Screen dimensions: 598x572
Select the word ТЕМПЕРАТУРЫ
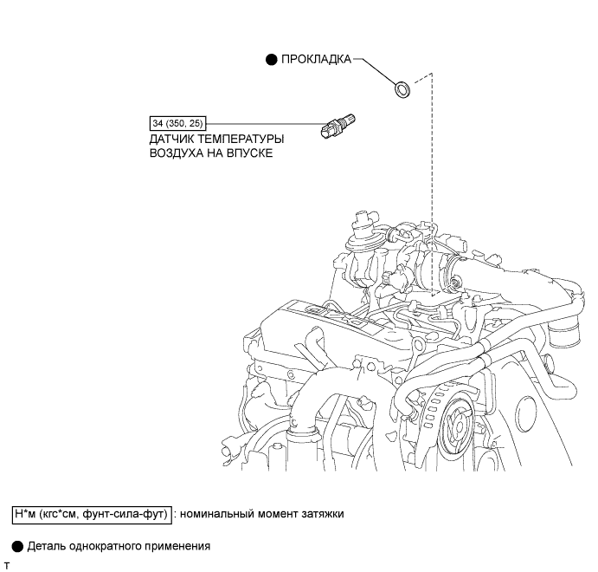pyautogui.click(x=243, y=139)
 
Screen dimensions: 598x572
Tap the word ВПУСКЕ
pyautogui.click(x=250, y=153)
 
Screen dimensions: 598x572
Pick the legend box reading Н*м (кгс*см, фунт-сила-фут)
pyautogui.click(x=91, y=513)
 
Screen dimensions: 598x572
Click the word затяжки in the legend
pyautogui.click(x=321, y=513)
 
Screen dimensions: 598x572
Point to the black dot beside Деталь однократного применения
pyautogui.click(x=16, y=546)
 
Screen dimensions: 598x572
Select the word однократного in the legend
pyautogui.click(x=105, y=546)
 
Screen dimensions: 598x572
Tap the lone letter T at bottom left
pyautogui.click(x=7, y=565)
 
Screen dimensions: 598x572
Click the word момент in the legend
pyautogui.click(x=275, y=513)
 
